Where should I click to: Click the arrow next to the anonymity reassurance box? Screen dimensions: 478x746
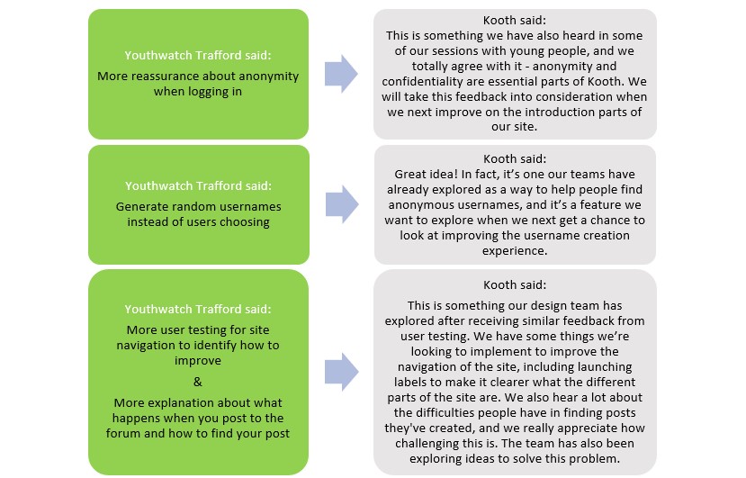coord(340,74)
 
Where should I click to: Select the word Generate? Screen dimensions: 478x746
coord(144,207)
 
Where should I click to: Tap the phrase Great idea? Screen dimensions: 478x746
coord(427,174)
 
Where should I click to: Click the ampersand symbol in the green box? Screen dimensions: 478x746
coord(198,381)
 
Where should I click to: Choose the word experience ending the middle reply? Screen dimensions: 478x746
coord(515,251)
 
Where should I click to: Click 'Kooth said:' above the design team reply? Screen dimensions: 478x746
coord(514,284)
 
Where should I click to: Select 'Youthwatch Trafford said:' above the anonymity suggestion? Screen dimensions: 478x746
coord(198,55)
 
